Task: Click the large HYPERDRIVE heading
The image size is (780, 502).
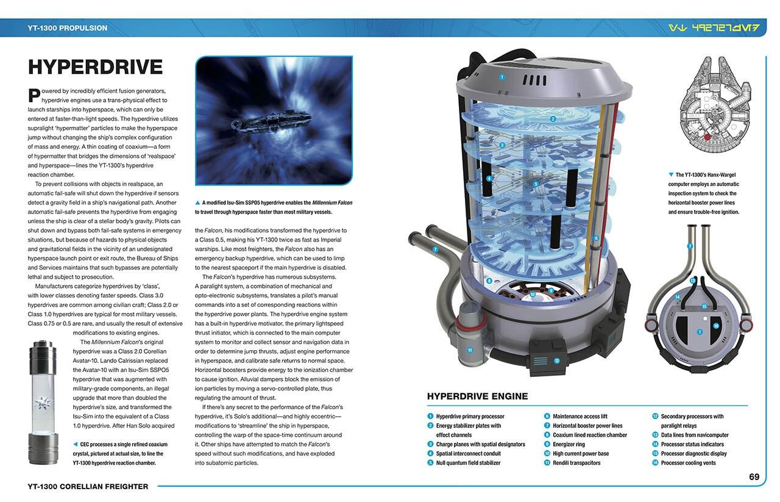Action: (95, 67)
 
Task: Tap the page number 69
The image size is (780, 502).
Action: (754, 476)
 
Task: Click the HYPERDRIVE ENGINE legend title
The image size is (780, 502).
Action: (477, 396)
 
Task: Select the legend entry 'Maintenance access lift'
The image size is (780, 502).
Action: (580, 417)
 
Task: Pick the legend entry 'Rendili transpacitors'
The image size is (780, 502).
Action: (576, 463)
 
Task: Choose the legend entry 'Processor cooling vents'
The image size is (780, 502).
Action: (688, 463)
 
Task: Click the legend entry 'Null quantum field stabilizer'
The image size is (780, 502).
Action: (468, 463)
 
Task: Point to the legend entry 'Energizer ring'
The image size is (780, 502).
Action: (569, 445)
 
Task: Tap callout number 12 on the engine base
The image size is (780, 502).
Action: (556, 360)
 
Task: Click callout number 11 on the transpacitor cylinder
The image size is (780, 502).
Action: (470, 350)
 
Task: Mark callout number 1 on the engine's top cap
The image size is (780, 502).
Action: (502, 77)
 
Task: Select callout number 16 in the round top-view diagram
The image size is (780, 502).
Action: (716, 326)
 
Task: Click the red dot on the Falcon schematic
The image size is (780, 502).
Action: (706, 137)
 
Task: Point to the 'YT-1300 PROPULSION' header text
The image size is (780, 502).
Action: (67, 28)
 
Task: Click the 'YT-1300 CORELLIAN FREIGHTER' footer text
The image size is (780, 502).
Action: (88, 486)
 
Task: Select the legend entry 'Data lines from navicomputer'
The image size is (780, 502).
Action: (695, 435)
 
